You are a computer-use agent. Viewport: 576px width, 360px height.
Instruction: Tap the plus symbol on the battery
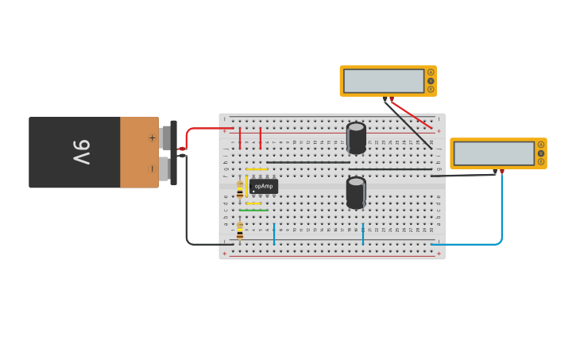pyautogui.click(x=152, y=137)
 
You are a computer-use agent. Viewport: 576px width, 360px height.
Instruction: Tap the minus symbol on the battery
pyautogui.click(x=152, y=168)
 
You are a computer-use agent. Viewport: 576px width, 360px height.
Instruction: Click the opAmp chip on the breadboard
pyautogui.click(x=264, y=186)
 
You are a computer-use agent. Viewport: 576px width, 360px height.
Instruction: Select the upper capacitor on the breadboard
pyautogui.click(x=356, y=137)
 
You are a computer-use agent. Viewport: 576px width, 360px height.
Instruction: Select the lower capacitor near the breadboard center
pyautogui.click(x=356, y=192)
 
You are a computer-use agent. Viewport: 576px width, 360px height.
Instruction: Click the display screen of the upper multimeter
pyautogui.click(x=384, y=81)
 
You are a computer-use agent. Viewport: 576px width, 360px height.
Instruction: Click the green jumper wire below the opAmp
pyautogui.click(x=254, y=211)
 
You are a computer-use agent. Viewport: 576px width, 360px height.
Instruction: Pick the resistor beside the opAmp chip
pyautogui.click(x=240, y=190)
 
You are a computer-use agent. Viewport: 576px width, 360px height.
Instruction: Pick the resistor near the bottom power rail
pyautogui.click(x=240, y=230)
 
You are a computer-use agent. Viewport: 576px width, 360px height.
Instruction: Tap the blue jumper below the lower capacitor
pyautogui.click(x=363, y=234)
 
